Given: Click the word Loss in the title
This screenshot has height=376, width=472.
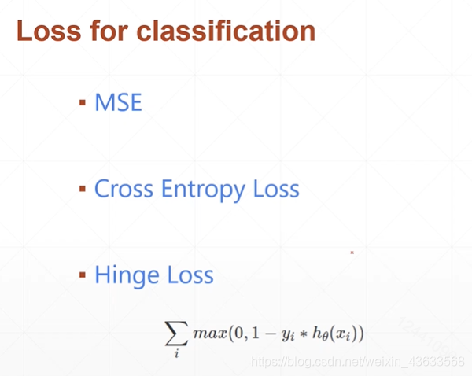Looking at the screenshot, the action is click(49, 31).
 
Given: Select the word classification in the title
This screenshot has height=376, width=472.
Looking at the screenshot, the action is click(226, 31).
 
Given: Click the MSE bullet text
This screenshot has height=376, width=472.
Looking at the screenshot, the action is click(118, 102).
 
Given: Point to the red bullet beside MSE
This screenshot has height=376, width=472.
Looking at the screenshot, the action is click(83, 103).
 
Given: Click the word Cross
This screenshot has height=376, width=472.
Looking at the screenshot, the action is click(124, 189).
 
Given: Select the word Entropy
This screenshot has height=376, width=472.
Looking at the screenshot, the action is click(203, 190).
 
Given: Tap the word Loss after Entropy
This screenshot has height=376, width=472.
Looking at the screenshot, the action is click(276, 189).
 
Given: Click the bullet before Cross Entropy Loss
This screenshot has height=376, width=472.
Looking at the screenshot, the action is click(83, 189).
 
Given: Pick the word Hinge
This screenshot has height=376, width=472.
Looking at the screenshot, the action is click(127, 276).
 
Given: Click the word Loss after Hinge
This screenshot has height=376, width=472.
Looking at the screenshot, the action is click(190, 275).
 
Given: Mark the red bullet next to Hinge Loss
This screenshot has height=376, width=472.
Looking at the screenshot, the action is click(83, 275).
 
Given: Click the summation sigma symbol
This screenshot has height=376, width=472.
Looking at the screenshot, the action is click(176, 333).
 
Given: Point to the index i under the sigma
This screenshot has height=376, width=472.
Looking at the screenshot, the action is click(176, 353).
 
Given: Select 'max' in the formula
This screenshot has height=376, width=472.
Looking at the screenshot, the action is click(210, 334).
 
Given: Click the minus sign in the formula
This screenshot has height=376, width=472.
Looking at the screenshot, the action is click(271, 334).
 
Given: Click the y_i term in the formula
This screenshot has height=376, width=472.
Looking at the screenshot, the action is click(288, 335).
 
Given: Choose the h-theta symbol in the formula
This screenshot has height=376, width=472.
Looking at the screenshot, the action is click(320, 334).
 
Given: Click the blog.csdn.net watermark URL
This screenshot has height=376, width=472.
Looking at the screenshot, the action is click(358, 361).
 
